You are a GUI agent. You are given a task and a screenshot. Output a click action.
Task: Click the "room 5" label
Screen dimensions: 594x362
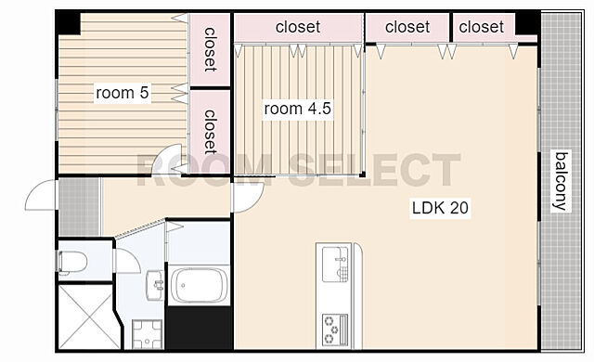click(x=122, y=93)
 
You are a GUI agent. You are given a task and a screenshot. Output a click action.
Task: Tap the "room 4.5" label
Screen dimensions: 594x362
click(x=297, y=109)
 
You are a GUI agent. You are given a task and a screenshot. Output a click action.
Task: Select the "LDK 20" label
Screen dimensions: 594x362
click(x=440, y=208)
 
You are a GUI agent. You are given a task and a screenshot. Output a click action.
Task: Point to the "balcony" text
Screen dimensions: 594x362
click(x=561, y=181)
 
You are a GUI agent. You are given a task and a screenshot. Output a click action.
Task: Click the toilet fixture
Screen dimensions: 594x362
click(x=72, y=262)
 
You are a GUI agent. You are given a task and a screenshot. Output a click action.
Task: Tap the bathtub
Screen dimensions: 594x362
click(x=199, y=285)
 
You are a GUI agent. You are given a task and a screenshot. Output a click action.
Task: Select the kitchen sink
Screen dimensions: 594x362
click(x=335, y=264)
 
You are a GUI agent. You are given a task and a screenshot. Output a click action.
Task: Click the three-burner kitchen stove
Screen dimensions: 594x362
click(x=334, y=330)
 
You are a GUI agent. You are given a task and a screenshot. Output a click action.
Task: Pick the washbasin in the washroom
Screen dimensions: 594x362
click(x=155, y=285)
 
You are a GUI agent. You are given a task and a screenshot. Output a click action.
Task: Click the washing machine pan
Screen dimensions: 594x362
click(x=148, y=334)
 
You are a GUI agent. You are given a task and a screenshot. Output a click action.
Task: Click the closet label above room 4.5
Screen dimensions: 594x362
click(x=298, y=27)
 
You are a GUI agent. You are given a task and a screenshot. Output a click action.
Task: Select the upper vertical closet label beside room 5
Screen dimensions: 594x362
click(x=211, y=49)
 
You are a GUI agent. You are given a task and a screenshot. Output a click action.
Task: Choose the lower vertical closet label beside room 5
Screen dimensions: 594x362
click(x=211, y=132)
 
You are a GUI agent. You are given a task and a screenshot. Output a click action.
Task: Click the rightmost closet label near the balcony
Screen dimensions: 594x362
click(x=481, y=27)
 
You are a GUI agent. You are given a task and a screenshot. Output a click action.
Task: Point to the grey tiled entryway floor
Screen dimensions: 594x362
click(x=79, y=207)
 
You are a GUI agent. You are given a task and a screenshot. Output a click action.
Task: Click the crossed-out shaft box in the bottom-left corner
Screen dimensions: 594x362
click(x=89, y=317)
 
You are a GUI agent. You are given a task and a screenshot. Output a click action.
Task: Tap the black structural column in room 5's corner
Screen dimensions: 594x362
click(x=68, y=23)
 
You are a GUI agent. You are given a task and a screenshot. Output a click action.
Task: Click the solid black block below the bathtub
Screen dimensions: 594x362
click(x=199, y=328)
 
